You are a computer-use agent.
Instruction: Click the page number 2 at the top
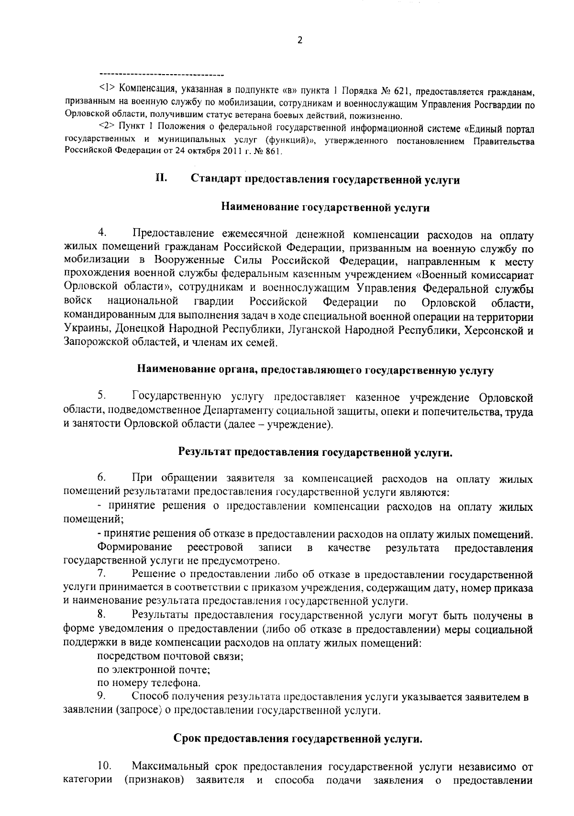pos(300,41)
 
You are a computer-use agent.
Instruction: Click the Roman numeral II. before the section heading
pos(160,178)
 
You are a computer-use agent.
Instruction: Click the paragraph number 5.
pos(101,396)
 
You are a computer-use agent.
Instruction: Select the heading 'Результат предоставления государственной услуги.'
pos(316,452)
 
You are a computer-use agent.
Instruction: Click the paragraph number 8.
pos(101,614)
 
